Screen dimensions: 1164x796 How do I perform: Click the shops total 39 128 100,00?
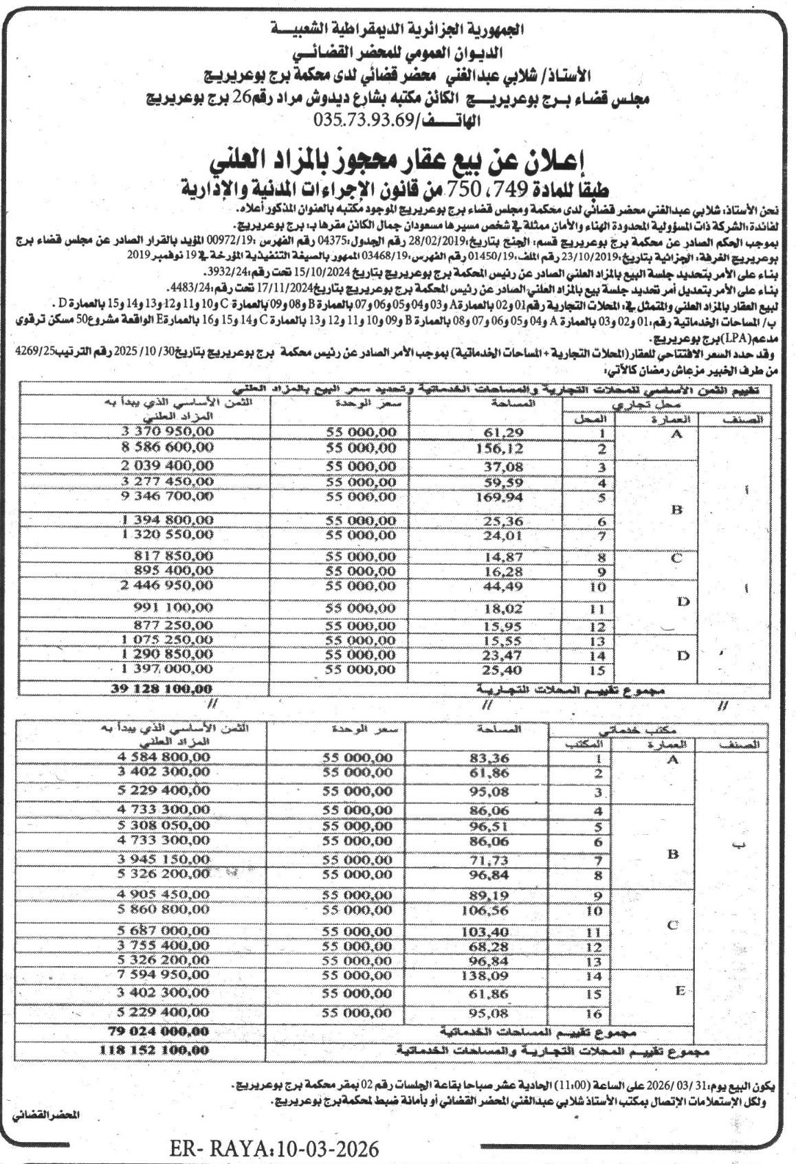tap(162, 689)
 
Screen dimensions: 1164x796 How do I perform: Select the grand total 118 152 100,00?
tap(154, 1050)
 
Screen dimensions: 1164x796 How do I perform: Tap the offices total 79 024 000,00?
tap(158, 1031)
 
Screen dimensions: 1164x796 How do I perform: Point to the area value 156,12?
tap(500, 449)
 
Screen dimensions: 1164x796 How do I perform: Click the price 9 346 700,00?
tap(166, 496)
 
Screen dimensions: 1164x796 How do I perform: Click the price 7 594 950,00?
tap(163, 975)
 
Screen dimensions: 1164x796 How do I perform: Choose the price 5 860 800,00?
tap(163, 909)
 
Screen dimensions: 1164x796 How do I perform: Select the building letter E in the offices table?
tap(680, 991)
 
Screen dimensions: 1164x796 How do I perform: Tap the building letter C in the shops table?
tap(676, 558)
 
